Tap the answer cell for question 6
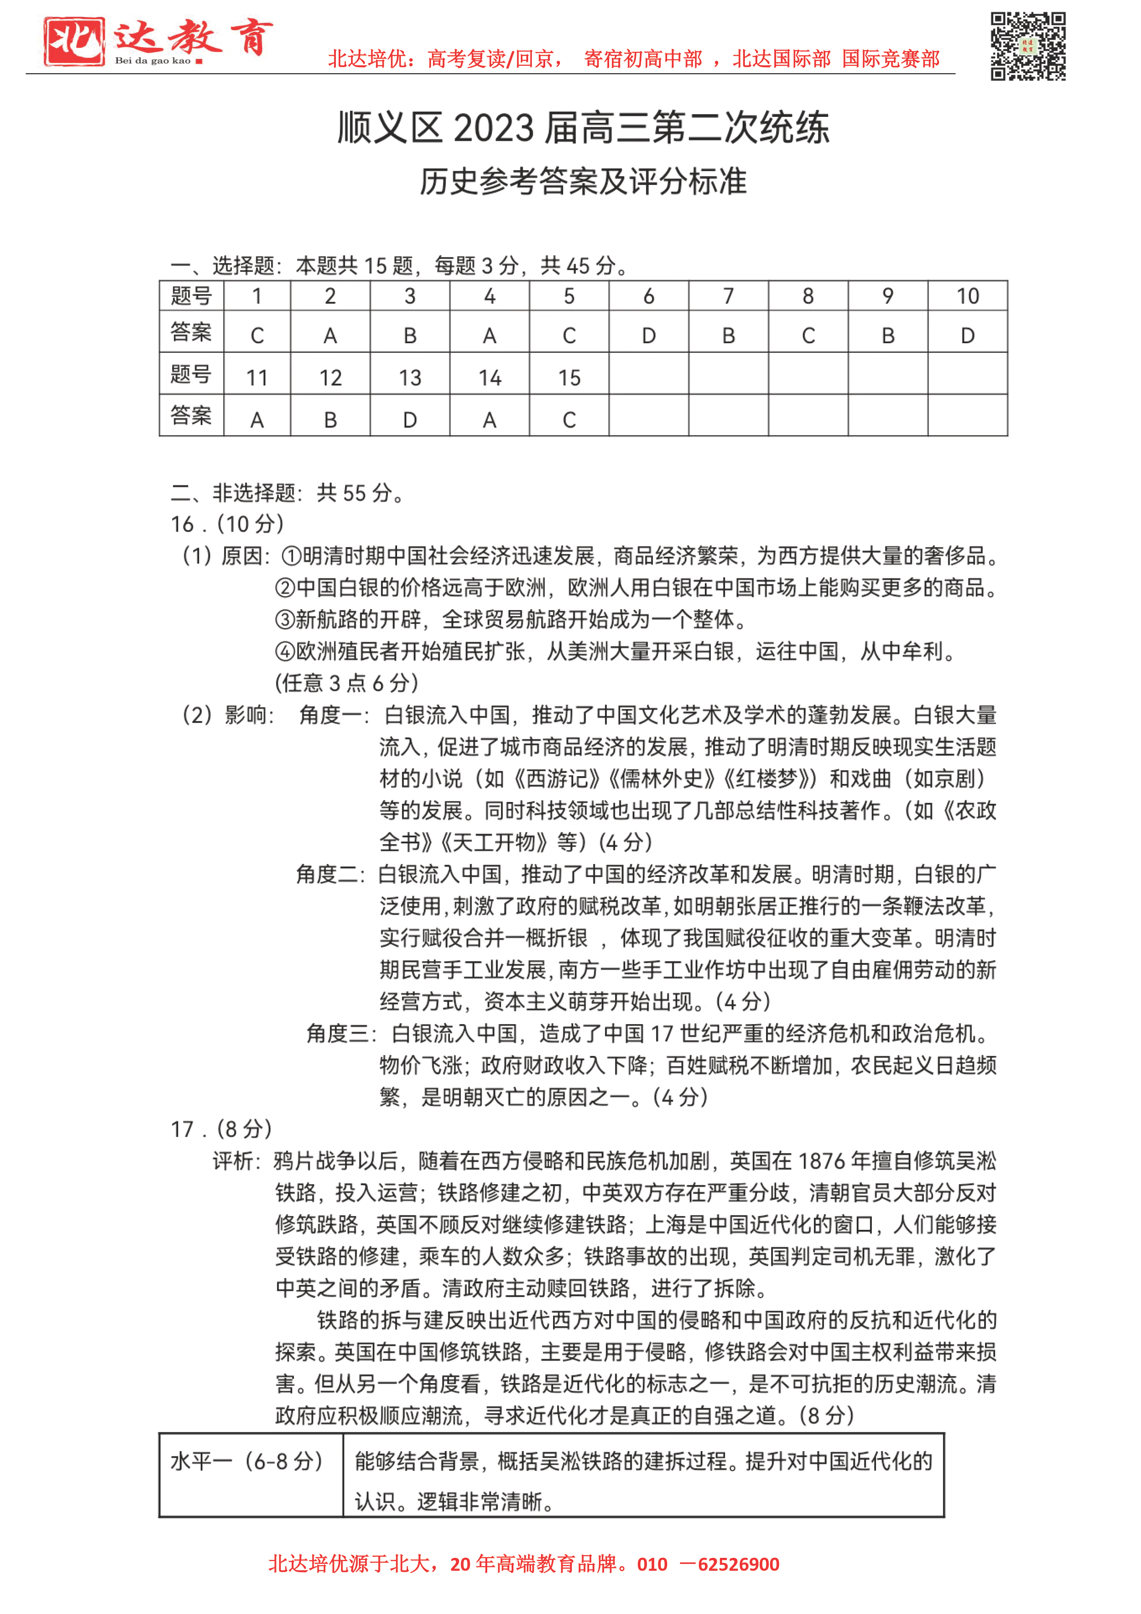(648, 335)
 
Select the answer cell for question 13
(410, 420)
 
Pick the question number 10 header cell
(968, 296)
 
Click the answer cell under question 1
(257, 335)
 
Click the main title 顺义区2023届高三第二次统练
(583, 128)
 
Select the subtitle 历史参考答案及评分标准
(583, 181)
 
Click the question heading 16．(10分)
(227, 524)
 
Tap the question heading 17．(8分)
(221, 1129)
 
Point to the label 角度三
(337, 1033)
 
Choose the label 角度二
(326, 875)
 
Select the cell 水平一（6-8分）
(247, 1461)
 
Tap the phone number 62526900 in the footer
(738, 1564)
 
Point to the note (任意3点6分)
(346, 683)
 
